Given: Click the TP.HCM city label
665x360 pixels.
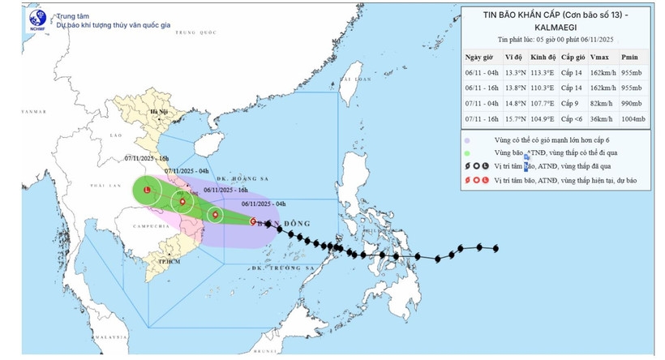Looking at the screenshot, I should click(x=169, y=263).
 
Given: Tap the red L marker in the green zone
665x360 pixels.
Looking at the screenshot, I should click(x=147, y=191).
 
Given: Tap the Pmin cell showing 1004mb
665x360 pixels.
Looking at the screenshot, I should click(x=633, y=119).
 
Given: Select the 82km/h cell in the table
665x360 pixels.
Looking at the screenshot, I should click(x=600, y=104).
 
